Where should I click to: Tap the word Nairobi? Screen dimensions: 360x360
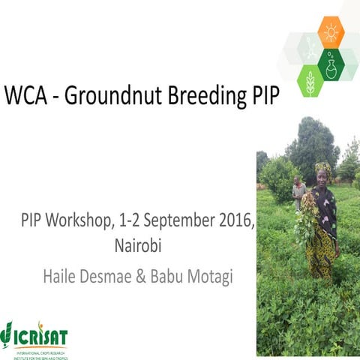pyautogui.click(x=137, y=245)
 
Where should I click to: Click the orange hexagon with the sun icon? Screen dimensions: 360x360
pyautogui.click(x=330, y=32)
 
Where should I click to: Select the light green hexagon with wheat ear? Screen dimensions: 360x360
pyautogui.click(x=310, y=81)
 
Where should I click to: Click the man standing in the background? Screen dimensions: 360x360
pyautogui.click(x=298, y=193)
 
